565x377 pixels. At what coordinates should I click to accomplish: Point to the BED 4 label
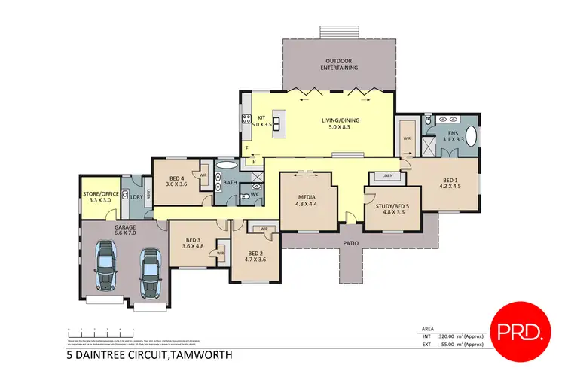tap(176, 180)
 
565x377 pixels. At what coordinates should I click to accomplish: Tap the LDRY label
tap(136, 198)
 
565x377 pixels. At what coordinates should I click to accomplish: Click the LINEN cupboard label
tap(387, 176)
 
